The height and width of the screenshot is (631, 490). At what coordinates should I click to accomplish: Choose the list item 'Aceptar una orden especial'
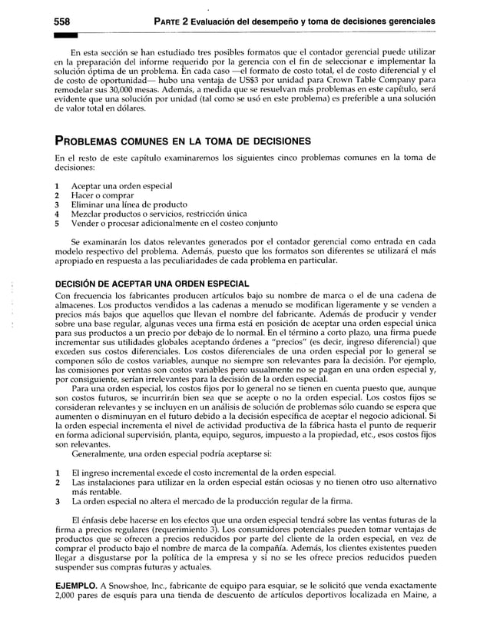122,186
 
